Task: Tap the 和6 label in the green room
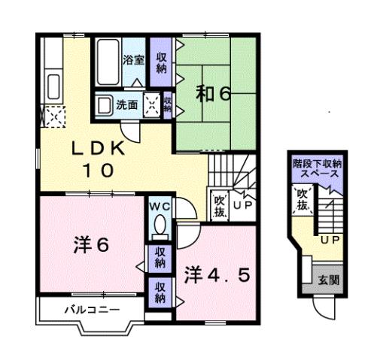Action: tap(214, 94)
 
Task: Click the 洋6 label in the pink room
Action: tap(92, 245)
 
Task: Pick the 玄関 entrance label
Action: tap(328, 280)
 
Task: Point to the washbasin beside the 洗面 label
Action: tap(104, 105)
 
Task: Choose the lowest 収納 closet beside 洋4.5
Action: tap(160, 292)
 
